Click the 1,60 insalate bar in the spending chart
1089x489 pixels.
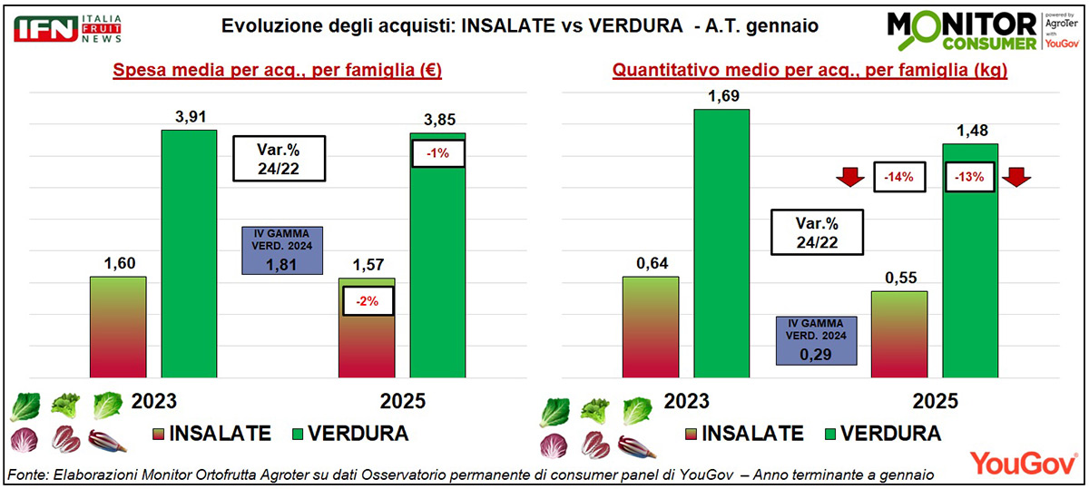118,326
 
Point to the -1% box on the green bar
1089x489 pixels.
438,153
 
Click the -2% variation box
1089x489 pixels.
368,300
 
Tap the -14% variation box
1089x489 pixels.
898,177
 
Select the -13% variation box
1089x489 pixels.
970,177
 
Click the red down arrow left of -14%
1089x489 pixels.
851,176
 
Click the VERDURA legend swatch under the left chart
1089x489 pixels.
294,433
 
